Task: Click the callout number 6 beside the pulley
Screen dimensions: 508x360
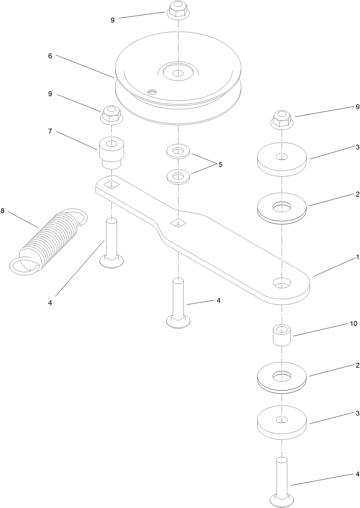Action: (x=50, y=56)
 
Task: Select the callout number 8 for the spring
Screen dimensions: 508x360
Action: (x=3, y=211)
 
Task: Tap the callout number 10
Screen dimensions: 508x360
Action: (x=354, y=323)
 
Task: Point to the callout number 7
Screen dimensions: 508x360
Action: (x=50, y=131)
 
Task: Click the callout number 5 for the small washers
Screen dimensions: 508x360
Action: (x=220, y=165)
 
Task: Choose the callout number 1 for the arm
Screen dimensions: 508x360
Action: (x=357, y=257)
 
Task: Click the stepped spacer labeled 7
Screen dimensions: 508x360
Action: (x=112, y=153)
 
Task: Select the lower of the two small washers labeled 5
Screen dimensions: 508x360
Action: (x=178, y=177)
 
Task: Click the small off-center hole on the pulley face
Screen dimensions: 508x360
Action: (x=152, y=91)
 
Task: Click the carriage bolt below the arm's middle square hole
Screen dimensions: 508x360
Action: (x=178, y=303)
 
